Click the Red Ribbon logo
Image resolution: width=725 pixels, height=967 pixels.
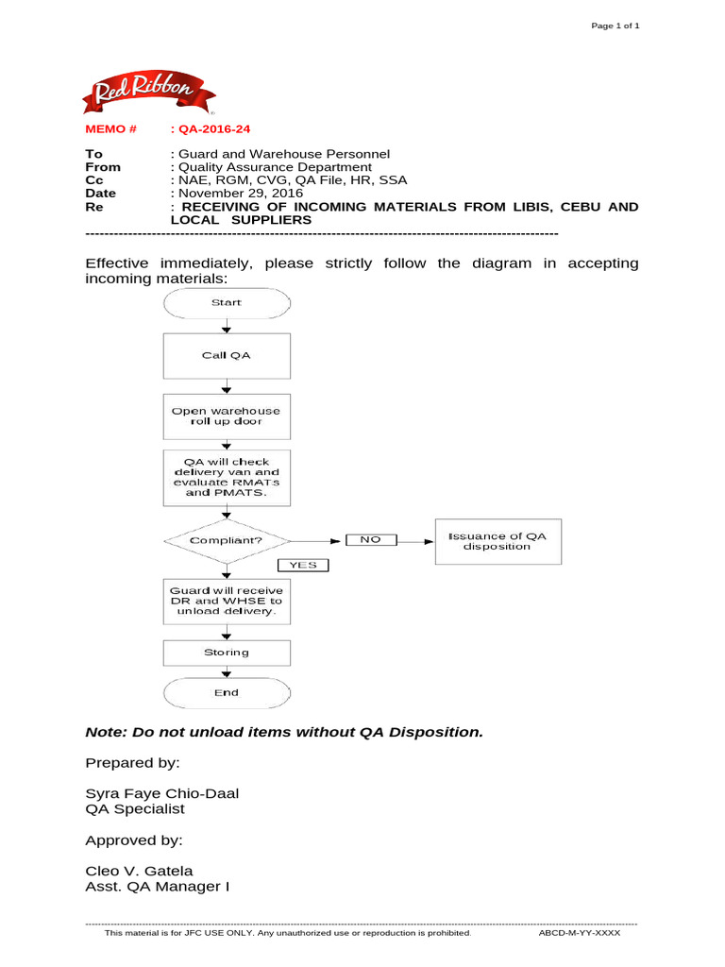(150, 93)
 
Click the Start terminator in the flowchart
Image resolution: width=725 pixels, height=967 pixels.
(227, 303)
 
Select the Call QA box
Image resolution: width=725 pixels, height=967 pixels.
(227, 356)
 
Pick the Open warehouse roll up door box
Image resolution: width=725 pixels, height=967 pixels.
(227, 416)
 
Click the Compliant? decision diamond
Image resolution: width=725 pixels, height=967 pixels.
(227, 541)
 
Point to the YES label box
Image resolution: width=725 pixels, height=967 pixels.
(302, 566)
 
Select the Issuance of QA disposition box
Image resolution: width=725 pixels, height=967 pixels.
(497, 541)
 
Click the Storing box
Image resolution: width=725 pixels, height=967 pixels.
(227, 653)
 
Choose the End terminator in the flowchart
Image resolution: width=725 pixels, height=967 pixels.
(227, 693)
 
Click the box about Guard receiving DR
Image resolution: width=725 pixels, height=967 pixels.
(227, 601)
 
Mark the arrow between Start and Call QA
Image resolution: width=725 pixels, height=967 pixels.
(227, 327)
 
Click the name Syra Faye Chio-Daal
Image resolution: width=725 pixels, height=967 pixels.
(161, 793)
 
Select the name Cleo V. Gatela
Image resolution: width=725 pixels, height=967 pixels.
(139, 871)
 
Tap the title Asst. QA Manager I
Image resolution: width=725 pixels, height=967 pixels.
(157, 887)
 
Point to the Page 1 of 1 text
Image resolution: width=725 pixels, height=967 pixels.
(615, 25)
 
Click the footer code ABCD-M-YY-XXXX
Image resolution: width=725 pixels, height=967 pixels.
(579, 933)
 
